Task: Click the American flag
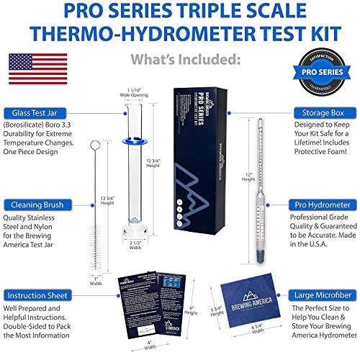point(35,69)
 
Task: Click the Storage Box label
point(322,112)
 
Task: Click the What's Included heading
point(180,56)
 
